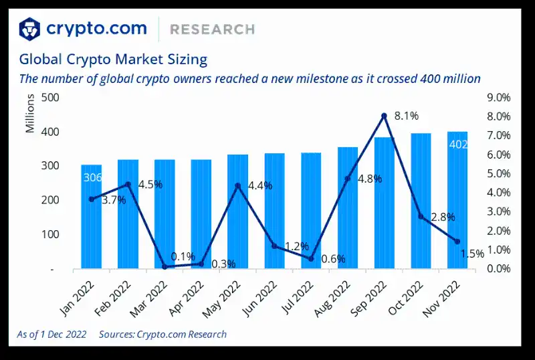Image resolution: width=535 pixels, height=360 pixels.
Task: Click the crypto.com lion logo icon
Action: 29,29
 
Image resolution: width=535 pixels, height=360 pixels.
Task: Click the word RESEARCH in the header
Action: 212,29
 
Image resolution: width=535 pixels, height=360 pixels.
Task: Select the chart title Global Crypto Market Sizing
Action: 113,59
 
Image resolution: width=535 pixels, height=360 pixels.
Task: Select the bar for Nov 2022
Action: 457,201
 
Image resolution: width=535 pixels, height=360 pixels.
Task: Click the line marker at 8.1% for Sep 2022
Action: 384,116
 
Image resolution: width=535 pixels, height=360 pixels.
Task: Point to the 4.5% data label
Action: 150,185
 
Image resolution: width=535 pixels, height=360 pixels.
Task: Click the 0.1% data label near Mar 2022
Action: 183,256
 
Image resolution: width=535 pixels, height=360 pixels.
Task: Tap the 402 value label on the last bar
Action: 458,145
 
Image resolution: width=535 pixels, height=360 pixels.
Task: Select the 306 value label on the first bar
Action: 92,177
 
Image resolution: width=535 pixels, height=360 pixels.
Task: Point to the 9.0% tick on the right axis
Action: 497,98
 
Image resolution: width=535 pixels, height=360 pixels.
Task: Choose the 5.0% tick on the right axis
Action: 497,173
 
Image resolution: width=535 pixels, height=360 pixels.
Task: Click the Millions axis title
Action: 31,114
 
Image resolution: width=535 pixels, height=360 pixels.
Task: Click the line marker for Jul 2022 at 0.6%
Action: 311,258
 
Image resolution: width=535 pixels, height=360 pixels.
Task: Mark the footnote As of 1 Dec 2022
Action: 52,335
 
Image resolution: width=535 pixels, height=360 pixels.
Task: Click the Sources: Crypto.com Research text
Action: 163,335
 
